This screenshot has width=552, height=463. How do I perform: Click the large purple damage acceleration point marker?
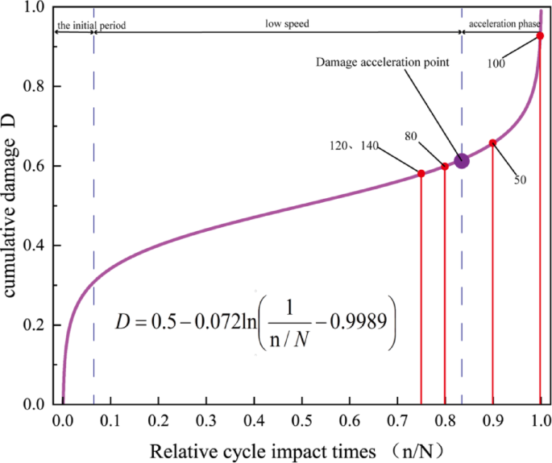click(461, 161)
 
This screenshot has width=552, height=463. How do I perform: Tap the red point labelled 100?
click(540, 36)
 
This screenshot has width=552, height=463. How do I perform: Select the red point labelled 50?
click(492, 143)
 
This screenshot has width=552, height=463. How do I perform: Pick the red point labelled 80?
click(445, 167)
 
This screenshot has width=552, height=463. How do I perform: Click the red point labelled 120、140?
click(421, 174)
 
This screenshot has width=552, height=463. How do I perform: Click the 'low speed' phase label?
click(288, 24)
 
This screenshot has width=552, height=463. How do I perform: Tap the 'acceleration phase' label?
click(504, 24)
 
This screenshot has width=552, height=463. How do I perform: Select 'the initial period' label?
click(91, 26)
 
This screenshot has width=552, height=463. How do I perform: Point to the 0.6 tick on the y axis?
click(39, 166)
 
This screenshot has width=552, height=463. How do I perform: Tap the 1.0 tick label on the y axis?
click(39, 7)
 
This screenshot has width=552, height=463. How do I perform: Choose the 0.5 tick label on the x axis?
click(301, 420)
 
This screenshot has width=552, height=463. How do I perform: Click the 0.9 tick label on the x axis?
click(492, 420)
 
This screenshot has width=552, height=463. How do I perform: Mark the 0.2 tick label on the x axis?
click(158, 420)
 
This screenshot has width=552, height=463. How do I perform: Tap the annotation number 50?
click(520, 180)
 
